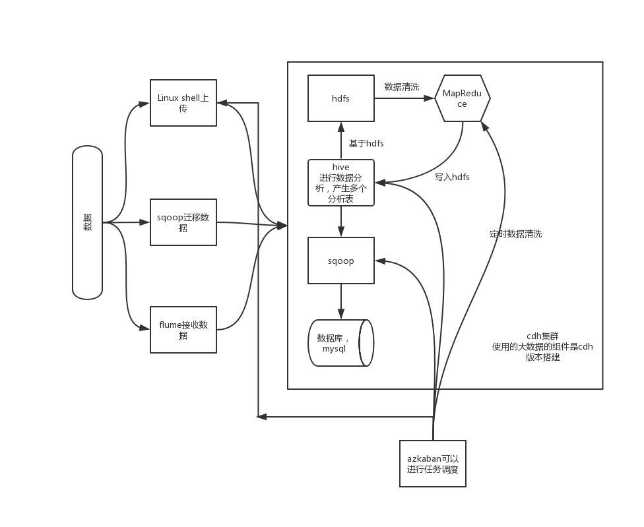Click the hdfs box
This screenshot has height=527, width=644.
340,98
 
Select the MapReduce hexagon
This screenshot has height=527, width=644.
462,98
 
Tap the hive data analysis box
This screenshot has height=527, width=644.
340,183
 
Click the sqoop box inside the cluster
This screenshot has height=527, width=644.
340,261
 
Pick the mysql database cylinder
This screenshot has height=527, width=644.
340,343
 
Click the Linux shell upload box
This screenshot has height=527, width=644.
183,103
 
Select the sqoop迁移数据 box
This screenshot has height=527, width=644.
183,222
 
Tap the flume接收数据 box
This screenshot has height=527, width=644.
183,330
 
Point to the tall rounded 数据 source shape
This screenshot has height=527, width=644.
87,223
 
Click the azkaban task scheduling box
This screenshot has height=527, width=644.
433,464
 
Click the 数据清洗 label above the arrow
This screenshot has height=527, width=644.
401,86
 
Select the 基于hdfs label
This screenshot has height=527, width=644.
366,143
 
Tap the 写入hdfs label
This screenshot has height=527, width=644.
452,177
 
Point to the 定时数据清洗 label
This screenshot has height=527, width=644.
516,233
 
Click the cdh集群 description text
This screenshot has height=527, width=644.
542,346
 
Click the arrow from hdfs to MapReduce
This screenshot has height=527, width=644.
404,98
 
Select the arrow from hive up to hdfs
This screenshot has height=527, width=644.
340,140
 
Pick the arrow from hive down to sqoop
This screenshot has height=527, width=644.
340,222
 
